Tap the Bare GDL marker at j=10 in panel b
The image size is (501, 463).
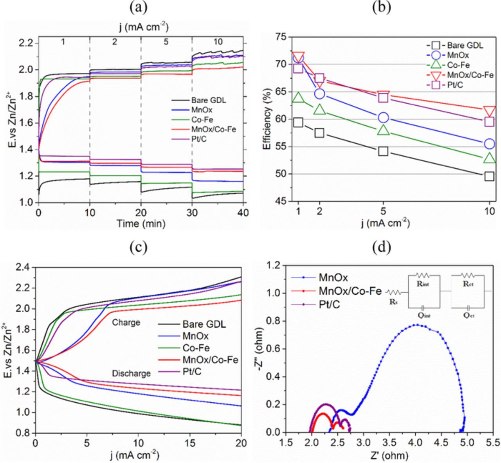click(489, 176)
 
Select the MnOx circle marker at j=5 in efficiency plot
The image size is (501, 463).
click(383, 117)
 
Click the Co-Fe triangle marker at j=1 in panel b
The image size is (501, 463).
click(298, 97)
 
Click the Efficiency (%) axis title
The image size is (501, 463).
click(267, 119)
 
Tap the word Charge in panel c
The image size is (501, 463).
click(126, 323)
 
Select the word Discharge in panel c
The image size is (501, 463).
click(131, 373)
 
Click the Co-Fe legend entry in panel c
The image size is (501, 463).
click(196, 348)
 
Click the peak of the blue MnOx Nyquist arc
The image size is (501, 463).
click(416, 324)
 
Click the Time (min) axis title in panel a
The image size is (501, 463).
click(141, 224)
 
